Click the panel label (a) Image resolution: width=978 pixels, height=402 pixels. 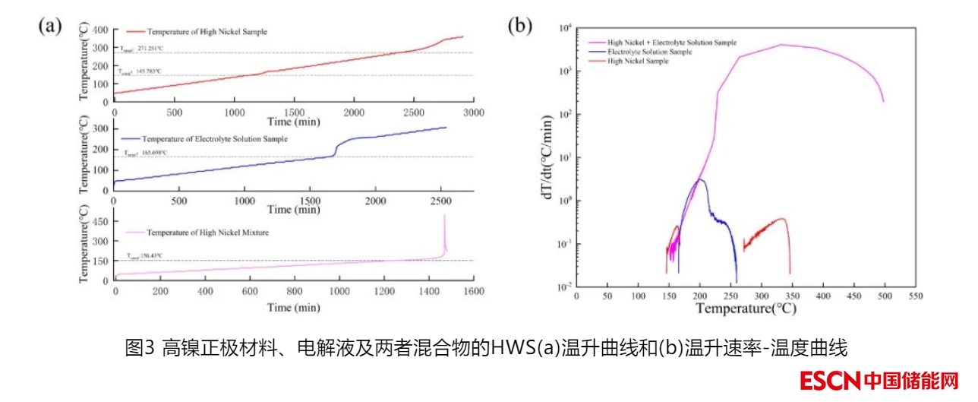click(x=49, y=26)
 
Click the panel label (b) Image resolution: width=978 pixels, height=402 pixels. click(x=519, y=26)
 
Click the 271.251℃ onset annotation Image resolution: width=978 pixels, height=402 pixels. click(x=141, y=49)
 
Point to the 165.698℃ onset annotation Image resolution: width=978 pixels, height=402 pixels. click(x=145, y=153)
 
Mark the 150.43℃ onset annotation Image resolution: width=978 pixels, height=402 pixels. click(x=144, y=256)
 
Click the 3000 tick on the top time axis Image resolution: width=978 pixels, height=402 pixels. click(x=474, y=112)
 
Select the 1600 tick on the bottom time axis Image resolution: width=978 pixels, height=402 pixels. click(x=474, y=291)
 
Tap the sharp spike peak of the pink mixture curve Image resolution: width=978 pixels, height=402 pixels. click(x=444, y=216)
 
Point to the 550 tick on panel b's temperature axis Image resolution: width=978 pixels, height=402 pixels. click(x=915, y=296)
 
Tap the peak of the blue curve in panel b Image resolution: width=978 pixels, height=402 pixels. click(x=700, y=179)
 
